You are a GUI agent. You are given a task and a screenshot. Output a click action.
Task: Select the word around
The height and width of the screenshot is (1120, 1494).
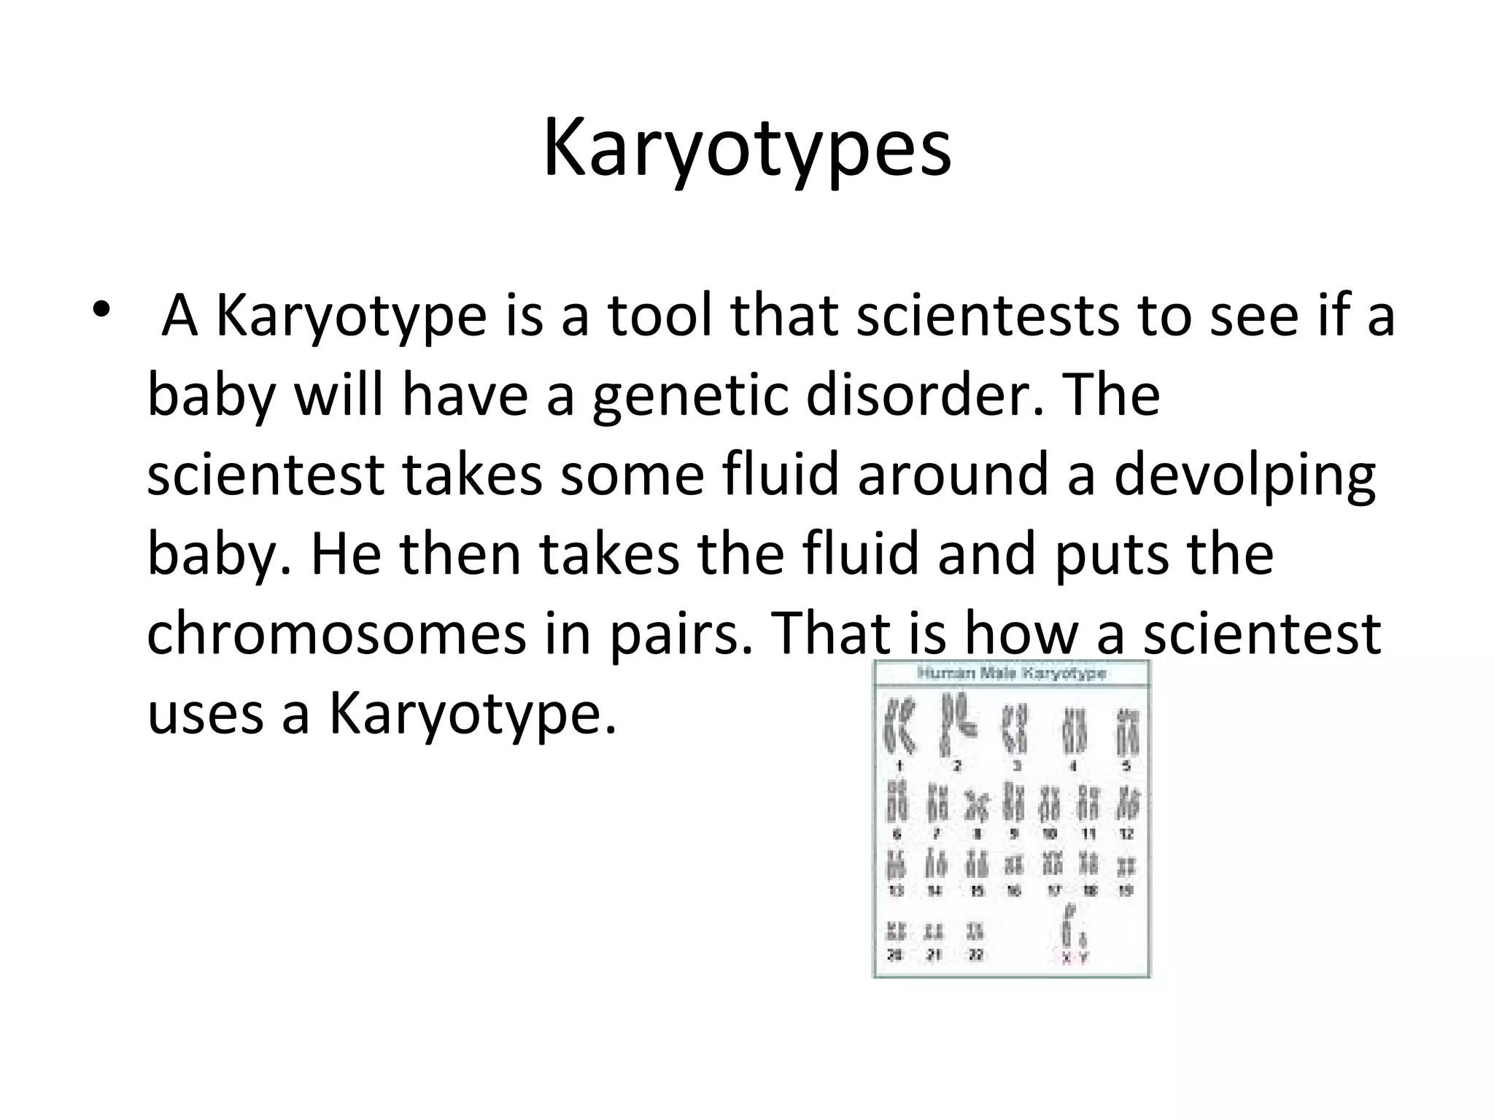click(x=975, y=475)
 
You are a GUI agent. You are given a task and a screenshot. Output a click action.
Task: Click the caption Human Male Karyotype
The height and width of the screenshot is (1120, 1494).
click(x=1011, y=674)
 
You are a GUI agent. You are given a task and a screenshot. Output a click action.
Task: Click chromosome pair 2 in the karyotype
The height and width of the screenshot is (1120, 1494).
click(x=957, y=725)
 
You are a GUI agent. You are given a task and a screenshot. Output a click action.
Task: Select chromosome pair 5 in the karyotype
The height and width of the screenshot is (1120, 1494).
click(x=1127, y=732)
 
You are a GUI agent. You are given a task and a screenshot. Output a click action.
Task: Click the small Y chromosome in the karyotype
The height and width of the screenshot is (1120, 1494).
click(x=1084, y=941)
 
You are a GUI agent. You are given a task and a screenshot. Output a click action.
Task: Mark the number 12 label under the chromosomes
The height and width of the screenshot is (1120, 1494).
click(x=1126, y=834)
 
